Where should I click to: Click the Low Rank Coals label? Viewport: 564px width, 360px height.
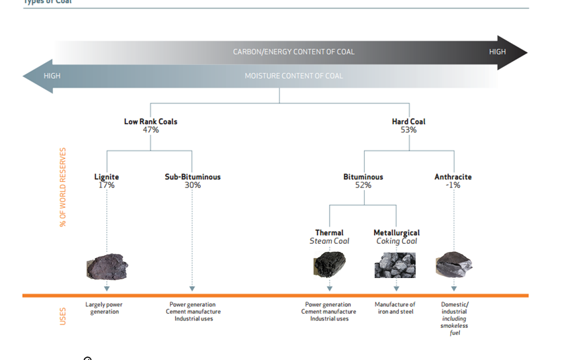tap(150, 122)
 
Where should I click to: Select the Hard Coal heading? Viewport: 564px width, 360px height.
tap(408, 122)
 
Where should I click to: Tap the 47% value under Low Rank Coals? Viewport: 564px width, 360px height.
tap(150, 130)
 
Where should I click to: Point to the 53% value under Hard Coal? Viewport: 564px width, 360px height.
tap(408, 130)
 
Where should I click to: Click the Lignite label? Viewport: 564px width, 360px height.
tap(107, 177)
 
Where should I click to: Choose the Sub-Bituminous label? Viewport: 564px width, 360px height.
tap(193, 177)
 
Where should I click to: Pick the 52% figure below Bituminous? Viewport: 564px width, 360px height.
tap(363, 185)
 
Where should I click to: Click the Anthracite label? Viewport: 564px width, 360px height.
tap(453, 177)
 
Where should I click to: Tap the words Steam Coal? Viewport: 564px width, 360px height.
tap(330, 241)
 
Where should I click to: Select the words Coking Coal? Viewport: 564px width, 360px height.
tap(395, 241)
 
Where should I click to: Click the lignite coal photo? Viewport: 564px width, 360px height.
tap(107, 267)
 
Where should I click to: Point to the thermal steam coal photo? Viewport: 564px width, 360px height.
tap(330, 264)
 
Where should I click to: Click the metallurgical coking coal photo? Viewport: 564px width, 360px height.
tap(395, 265)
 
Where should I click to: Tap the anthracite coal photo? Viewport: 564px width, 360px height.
tap(454, 265)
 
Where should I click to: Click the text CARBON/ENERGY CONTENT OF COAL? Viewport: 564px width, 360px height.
tap(293, 52)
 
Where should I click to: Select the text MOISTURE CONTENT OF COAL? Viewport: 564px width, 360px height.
tap(293, 76)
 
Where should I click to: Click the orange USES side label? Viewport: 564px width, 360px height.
tap(63, 316)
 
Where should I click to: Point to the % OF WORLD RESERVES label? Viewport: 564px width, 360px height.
tap(63, 187)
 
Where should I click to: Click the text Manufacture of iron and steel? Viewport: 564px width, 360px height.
tap(395, 308)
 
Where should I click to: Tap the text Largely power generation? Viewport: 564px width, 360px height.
tap(104, 308)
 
